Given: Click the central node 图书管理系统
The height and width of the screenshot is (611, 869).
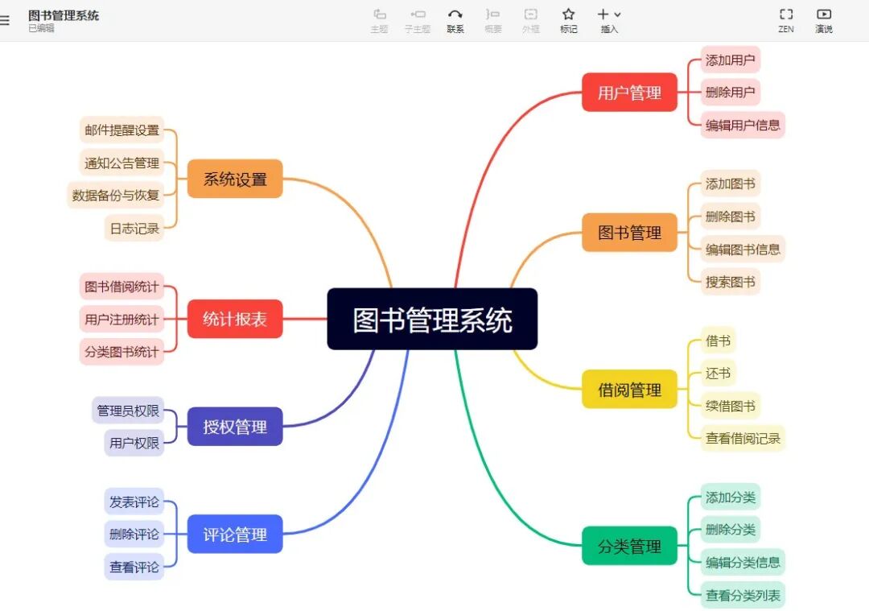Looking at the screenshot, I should click(x=432, y=320).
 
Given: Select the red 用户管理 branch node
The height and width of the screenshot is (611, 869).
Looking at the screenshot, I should click(x=629, y=93).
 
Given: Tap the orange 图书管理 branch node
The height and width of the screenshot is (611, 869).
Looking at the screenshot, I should click(x=629, y=233).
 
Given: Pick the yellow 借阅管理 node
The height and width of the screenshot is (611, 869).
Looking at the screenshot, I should click(x=629, y=390).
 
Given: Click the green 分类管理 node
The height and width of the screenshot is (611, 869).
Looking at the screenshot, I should click(x=629, y=546).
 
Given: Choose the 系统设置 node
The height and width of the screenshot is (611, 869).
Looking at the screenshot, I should click(x=235, y=179).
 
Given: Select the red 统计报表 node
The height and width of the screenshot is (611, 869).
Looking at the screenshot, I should click(x=235, y=319).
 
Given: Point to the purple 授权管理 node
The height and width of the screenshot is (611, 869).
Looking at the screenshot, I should click(x=235, y=427).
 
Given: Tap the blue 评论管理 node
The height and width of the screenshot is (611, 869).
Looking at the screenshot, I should click(x=235, y=534).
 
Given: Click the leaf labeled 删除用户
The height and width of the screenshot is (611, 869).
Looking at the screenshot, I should click(x=730, y=92).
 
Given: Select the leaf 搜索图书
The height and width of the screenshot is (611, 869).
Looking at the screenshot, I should click(x=730, y=282).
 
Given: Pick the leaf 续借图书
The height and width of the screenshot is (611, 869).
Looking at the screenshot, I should click(x=730, y=406).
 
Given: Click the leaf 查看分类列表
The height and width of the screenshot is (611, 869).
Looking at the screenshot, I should click(x=742, y=596).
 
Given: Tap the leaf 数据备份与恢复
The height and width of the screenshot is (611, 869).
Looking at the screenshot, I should click(x=116, y=195).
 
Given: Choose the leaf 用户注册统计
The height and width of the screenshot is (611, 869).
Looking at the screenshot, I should click(x=121, y=319).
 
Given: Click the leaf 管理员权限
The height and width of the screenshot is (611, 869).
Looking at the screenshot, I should click(x=128, y=411).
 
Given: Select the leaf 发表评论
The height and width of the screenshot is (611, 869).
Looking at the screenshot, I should click(x=134, y=502).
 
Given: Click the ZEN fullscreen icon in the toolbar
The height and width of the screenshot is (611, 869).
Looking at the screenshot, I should click(x=786, y=14).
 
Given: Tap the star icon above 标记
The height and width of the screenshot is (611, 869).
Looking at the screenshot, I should click(x=569, y=14).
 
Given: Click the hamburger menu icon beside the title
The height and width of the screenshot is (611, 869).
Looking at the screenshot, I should click(x=5, y=21).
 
